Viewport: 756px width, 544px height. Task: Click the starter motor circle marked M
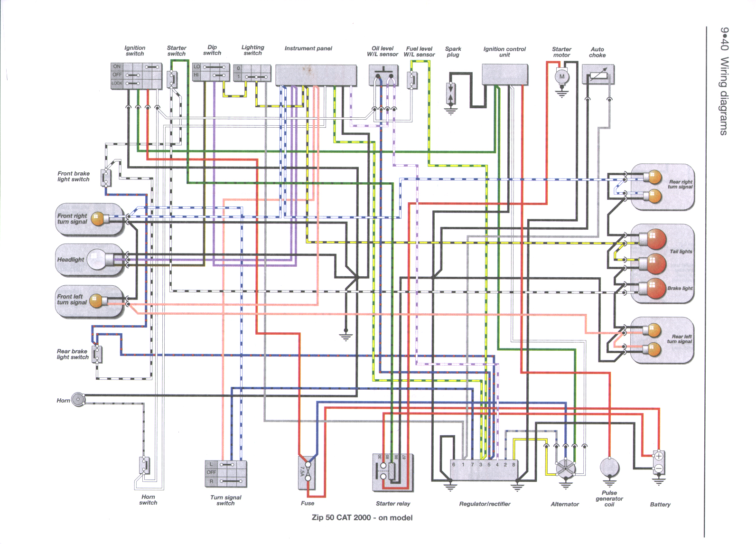click(562, 76)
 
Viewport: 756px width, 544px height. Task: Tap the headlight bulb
click(96, 260)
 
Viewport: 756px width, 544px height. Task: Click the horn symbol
click(77, 399)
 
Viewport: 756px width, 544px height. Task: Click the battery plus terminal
click(659, 457)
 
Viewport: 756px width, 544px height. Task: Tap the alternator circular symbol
click(565, 469)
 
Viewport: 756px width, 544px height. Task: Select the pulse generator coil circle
click(609, 468)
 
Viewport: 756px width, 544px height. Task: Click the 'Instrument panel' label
click(308, 48)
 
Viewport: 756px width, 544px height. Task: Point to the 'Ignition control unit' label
click(504, 52)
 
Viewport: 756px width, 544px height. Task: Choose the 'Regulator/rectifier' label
click(485, 504)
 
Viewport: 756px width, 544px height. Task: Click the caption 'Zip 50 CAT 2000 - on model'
click(362, 518)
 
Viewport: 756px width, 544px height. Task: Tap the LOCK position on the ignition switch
click(117, 84)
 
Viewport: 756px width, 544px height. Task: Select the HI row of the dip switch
click(196, 75)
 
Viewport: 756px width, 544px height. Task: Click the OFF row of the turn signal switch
click(211, 472)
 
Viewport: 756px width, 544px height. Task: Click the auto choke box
click(598, 75)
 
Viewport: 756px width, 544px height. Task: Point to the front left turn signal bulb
click(97, 300)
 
